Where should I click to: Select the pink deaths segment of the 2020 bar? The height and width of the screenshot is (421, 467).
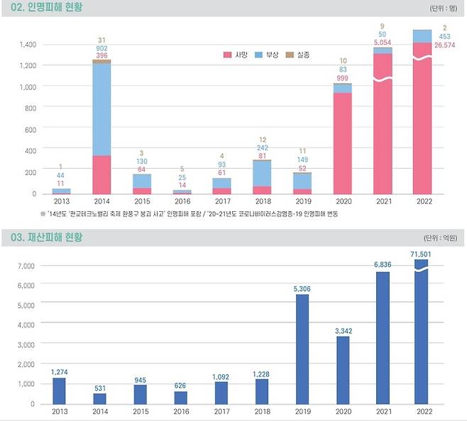[x=343, y=142]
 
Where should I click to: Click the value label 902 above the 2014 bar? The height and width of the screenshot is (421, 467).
[x=101, y=48]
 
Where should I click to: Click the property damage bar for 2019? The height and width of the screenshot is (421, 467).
[x=302, y=348]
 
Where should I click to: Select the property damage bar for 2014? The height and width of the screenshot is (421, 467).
[x=100, y=398]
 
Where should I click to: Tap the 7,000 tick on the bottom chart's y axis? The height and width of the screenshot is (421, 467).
[x=26, y=266]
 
